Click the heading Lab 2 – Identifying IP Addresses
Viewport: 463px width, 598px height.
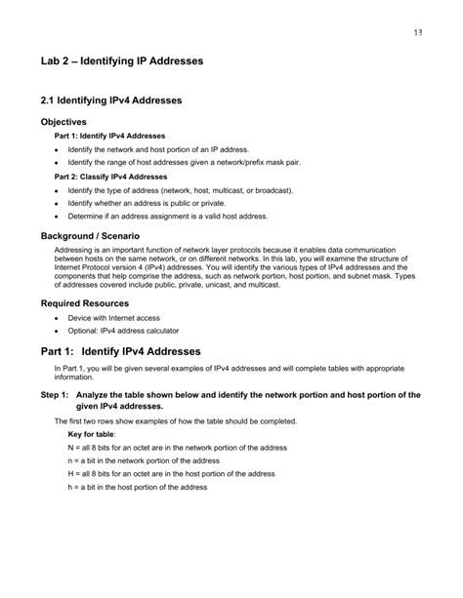point(122,60)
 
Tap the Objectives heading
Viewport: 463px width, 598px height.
point(70,122)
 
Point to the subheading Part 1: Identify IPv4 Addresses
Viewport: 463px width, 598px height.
point(110,135)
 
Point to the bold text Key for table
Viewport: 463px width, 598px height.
point(91,433)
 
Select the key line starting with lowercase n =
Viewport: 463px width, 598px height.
point(150,459)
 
